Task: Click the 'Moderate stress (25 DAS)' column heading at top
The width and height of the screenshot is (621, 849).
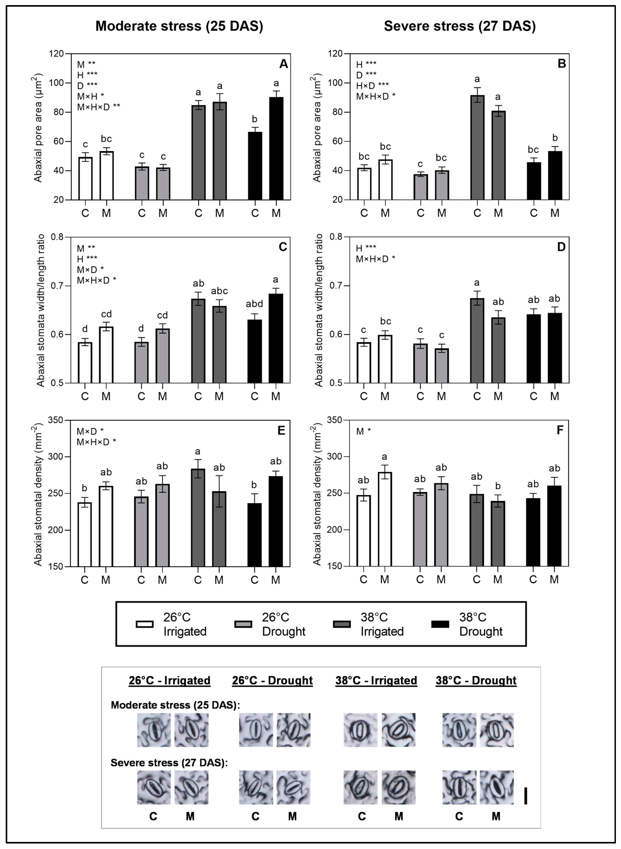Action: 179,26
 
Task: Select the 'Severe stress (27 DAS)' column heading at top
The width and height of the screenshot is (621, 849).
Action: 459,26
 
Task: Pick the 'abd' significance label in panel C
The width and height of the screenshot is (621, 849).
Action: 254,304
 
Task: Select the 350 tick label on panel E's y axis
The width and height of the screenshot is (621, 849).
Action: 56,420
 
